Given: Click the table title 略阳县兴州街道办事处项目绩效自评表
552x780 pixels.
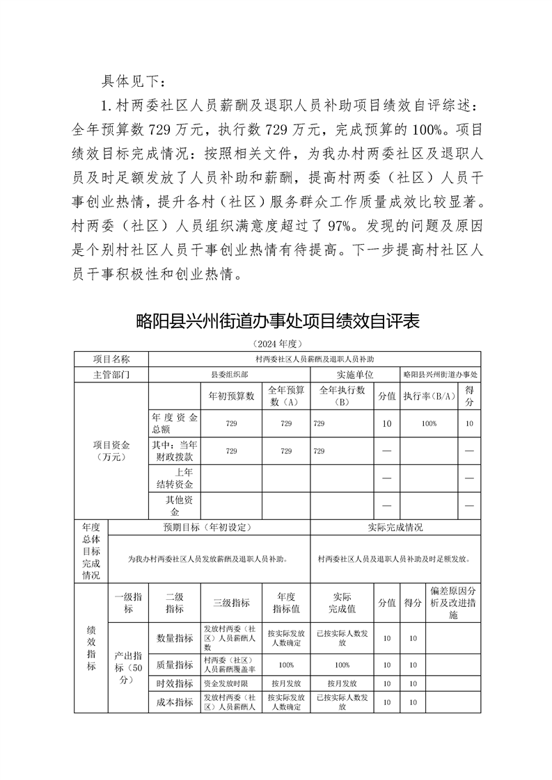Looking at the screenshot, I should [x=278, y=322].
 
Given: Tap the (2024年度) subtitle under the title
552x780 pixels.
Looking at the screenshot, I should [x=276, y=344].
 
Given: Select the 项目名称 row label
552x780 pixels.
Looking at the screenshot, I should [x=111, y=359].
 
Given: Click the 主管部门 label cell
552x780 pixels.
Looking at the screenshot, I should [x=111, y=374].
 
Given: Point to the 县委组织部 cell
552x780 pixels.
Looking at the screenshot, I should [x=230, y=374].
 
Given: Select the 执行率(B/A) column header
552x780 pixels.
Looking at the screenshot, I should [x=429, y=396].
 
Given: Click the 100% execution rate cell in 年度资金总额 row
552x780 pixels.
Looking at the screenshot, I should [x=429, y=423].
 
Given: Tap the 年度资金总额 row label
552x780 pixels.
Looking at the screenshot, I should [x=175, y=423].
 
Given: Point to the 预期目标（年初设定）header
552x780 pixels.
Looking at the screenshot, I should [x=210, y=527].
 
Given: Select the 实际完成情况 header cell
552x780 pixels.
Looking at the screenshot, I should [x=395, y=527].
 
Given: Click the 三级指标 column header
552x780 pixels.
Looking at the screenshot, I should [x=232, y=603].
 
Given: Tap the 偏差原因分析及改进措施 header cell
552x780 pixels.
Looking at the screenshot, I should [x=452, y=603].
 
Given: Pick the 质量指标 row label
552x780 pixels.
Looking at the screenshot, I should [x=175, y=665].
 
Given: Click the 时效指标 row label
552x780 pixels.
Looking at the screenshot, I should [x=175, y=683].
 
